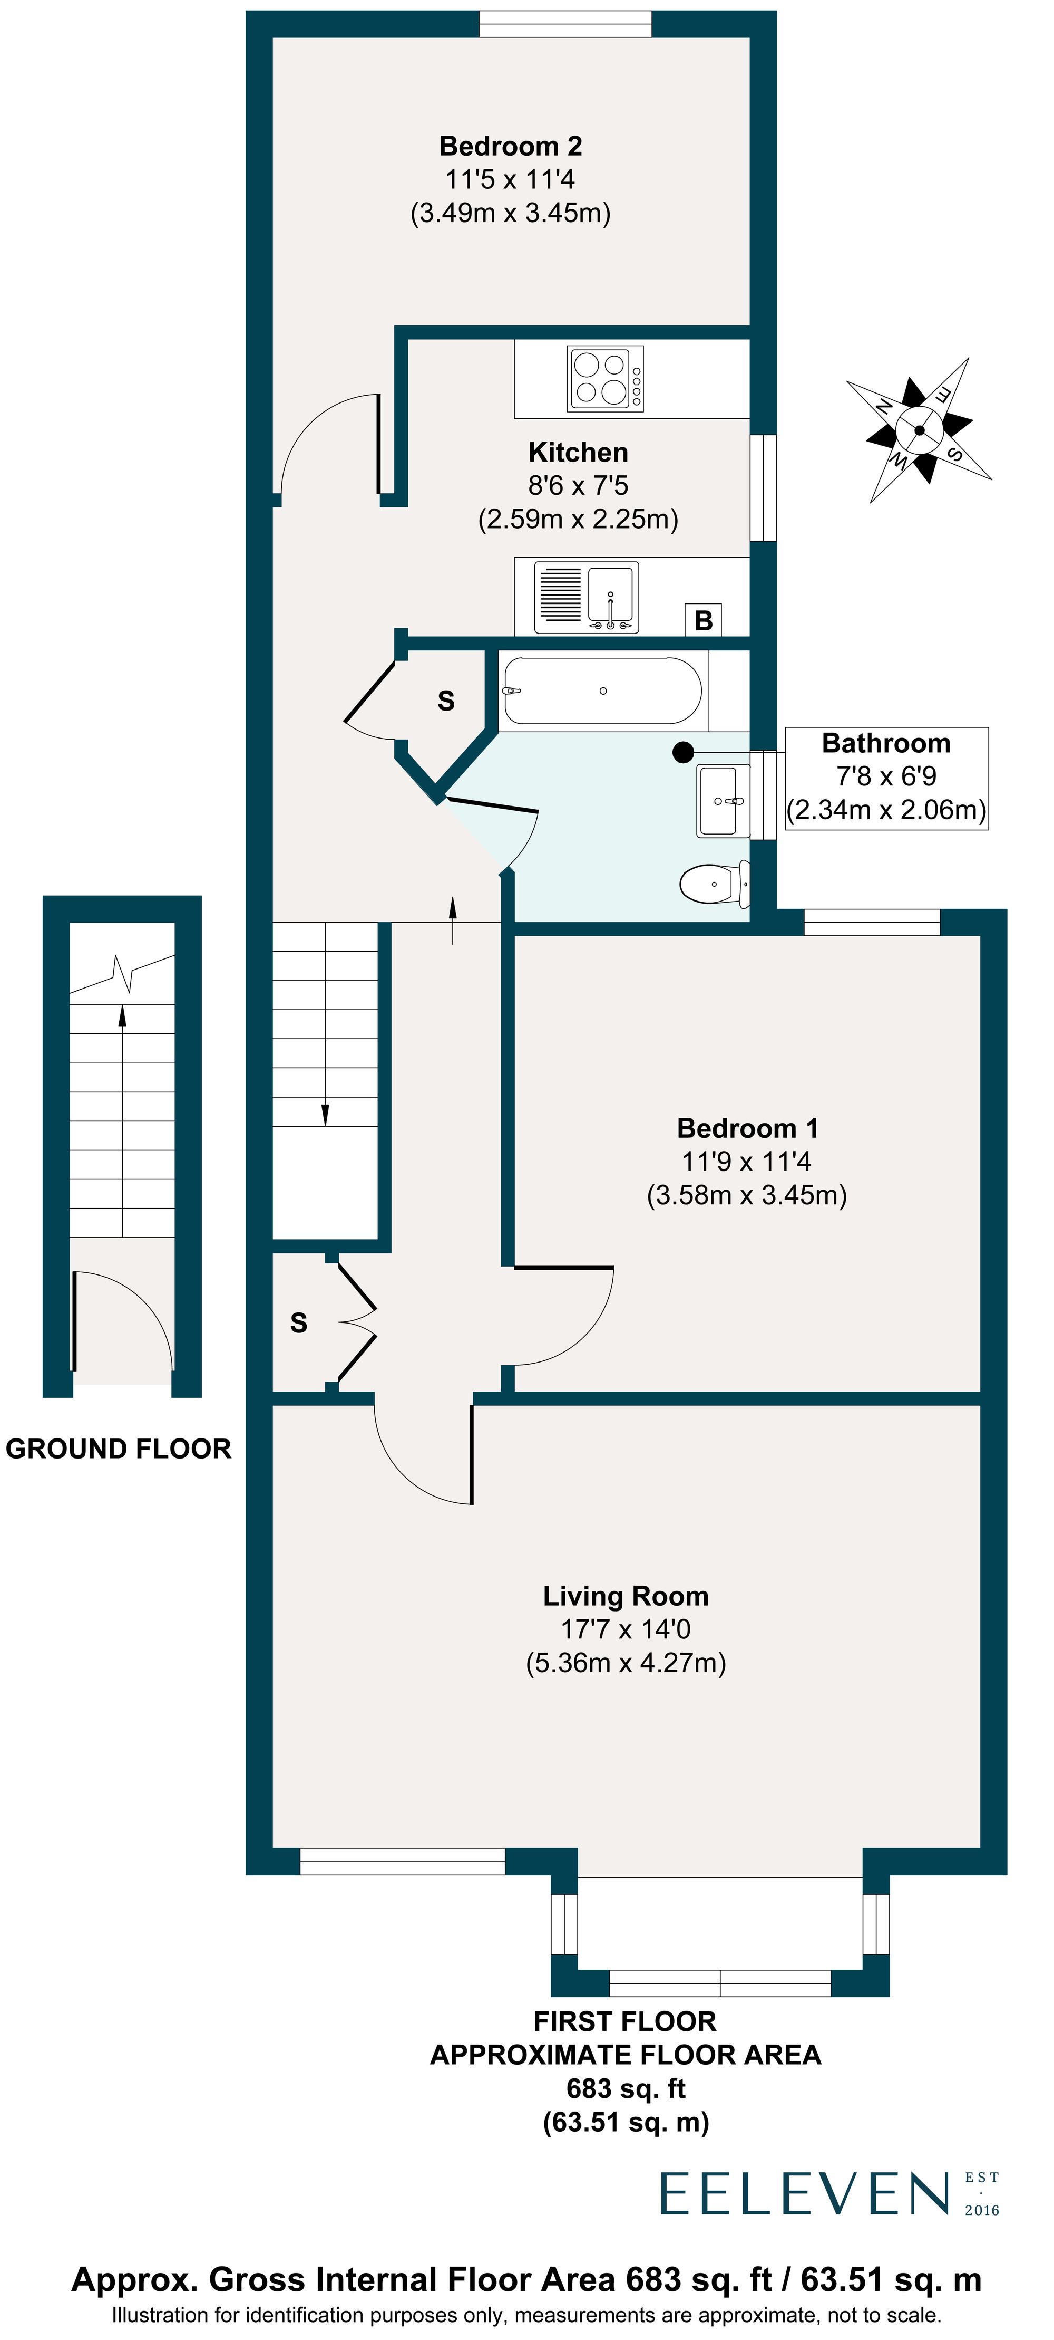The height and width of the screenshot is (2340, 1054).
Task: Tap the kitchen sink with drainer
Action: (585, 596)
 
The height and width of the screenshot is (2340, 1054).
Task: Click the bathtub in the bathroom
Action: (602, 691)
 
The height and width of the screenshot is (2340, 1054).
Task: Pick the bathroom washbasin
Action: (723, 799)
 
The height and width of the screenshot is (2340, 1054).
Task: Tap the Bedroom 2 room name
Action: (510, 146)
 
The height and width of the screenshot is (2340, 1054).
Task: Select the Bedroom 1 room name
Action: (747, 1128)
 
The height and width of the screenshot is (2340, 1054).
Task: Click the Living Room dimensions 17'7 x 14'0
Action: (626, 1629)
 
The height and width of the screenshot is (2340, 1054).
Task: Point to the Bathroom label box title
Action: (885, 743)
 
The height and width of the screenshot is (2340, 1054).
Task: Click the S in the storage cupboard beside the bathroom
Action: (446, 701)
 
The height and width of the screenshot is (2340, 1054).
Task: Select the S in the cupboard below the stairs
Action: (299, 1322)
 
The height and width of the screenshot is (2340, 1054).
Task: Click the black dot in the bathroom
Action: (682, 752)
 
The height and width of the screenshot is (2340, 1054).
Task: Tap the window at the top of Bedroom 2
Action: (564, 24)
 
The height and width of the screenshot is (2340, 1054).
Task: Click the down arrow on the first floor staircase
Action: (325, 1114)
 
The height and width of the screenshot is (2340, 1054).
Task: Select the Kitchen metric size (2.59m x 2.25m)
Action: (578, 519)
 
